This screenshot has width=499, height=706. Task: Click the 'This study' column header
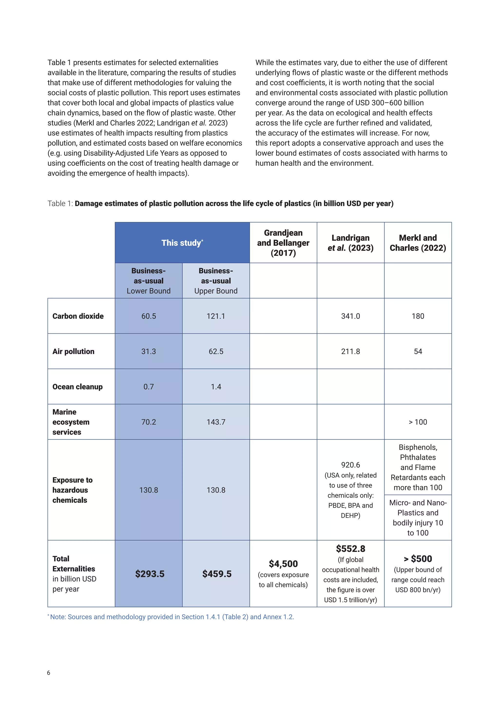click(x=182, y=243)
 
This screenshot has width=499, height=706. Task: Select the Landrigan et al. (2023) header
click(x=350, y=243)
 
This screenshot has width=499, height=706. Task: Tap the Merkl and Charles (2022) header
click(x=418, y=243)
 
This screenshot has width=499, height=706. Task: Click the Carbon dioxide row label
click(x=78, y=316)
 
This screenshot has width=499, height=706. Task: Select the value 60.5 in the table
click(x=148, y=316)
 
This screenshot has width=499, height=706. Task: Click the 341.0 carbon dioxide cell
click(x=350, y=316)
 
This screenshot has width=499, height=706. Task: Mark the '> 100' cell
click(x=418, y=422)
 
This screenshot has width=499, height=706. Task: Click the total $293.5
click(x=150, y=574)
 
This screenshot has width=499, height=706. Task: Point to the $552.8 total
click(x=350, y=549)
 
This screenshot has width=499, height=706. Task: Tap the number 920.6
click(x=350, y=465)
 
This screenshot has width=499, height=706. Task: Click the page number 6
click(x=48, y=673)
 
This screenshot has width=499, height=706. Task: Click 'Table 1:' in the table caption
click(x=60, y=204)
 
